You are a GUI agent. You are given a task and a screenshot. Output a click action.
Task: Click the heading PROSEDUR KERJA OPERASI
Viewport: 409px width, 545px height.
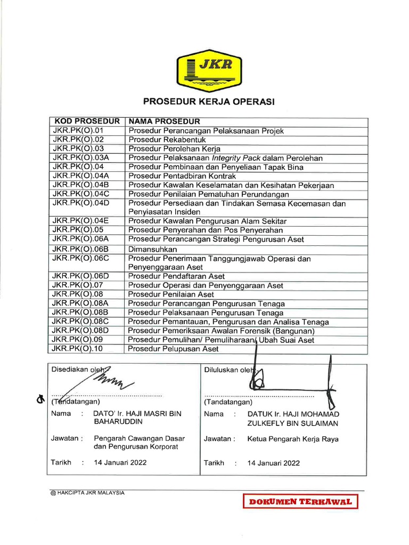[x=209, y=102]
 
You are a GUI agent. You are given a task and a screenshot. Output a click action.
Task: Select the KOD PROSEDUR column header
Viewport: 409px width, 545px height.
[x=86, y=121]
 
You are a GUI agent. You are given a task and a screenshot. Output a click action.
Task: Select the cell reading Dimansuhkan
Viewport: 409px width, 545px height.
[x=152, y=249]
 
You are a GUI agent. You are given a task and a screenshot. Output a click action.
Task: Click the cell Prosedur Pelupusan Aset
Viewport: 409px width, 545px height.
[x=174, y=349]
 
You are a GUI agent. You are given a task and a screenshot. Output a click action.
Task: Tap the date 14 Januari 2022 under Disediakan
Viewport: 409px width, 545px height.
[x=120, y=463]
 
